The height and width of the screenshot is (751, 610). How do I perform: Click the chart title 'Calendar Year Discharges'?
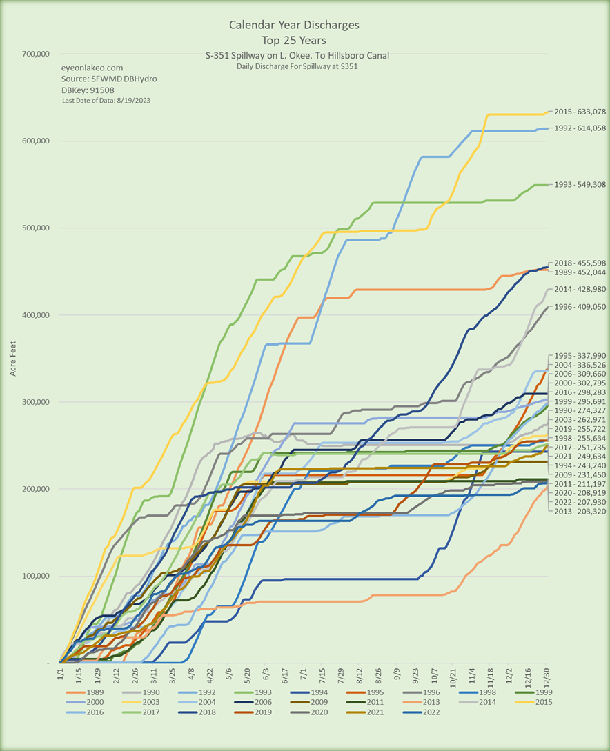tap(294, 26)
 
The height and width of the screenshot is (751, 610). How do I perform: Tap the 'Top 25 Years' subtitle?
tap(294, 40)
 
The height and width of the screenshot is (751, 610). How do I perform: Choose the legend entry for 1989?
tap(87, 692)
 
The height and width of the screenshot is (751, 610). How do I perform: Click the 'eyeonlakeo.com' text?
tap(92, 68)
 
